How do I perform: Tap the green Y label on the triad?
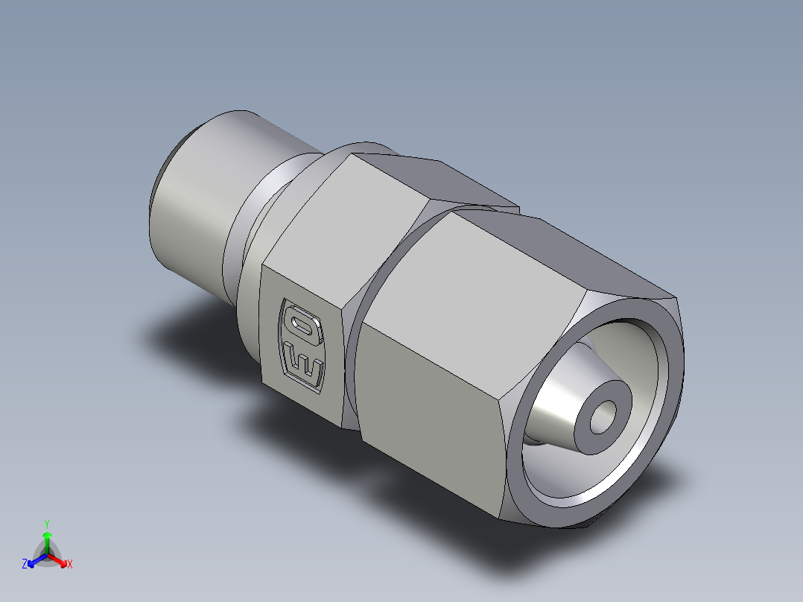pos(46,524)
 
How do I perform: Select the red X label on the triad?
pos(69,565)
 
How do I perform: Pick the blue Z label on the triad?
pos(25,565)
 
